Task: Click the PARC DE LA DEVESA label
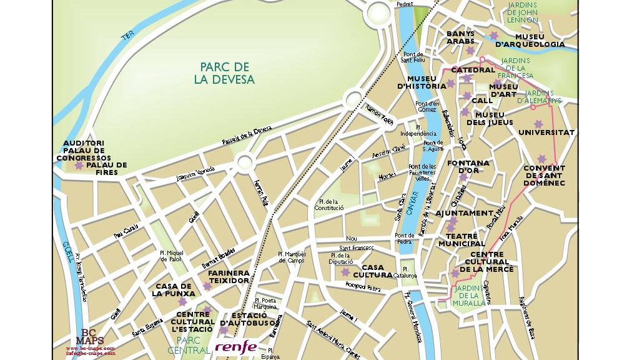click(x=224, y=73)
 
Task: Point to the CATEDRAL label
click(x=473, y=70)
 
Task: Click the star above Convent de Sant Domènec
click(x=541, y=158)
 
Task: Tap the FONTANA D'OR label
click(x=468, y=167)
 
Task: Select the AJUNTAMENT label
click(x=464, y=213)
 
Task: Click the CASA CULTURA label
click(x=373, y=271)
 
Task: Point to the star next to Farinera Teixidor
click(x=207, y=286)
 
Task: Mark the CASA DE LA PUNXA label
click(x=173, y=289)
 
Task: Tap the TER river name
click(x=127, y=37)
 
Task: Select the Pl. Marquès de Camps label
click(x=292, y=257)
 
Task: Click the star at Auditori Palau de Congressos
click(x=79, y=166)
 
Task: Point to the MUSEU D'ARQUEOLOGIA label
click(x=530, y=41)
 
